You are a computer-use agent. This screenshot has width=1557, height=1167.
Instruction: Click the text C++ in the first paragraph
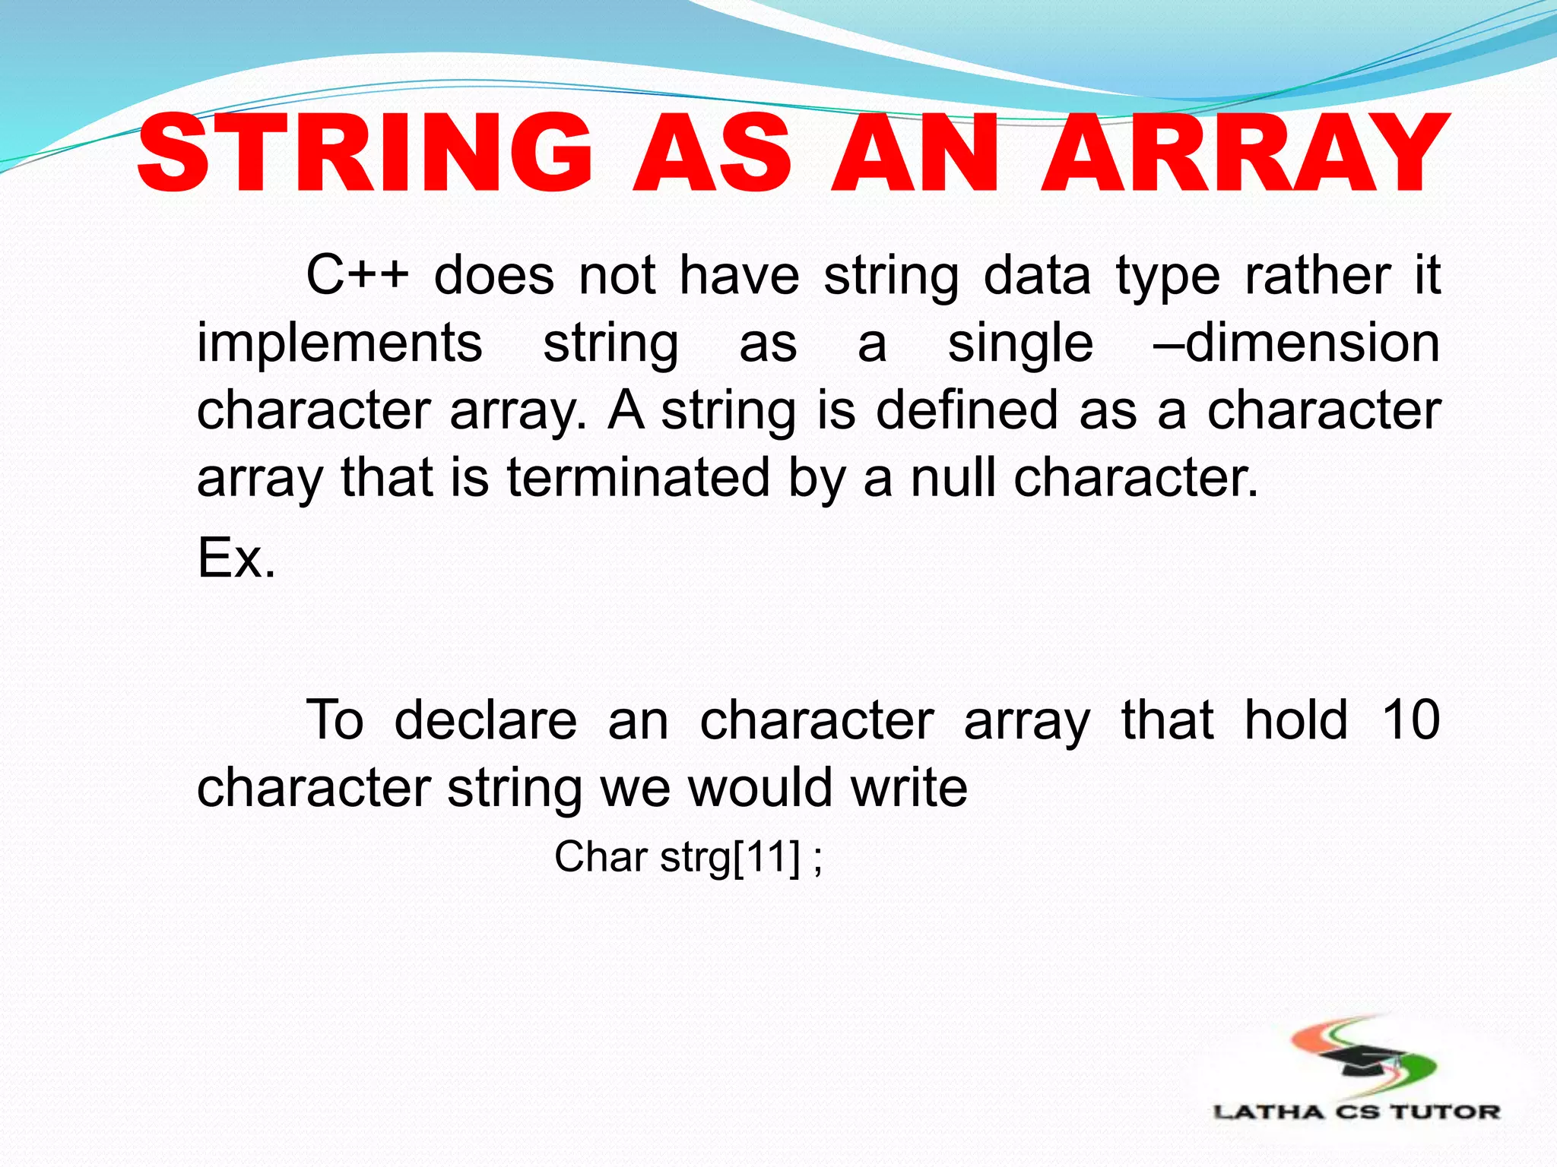(357, 275)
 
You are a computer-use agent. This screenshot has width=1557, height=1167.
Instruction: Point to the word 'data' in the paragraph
(1037, 275)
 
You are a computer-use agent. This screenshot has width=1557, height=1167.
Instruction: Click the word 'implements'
(339, 343)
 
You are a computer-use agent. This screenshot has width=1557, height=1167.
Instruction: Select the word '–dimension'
(1296, 343)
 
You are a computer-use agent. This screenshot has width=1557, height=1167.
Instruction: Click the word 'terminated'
(639, 478)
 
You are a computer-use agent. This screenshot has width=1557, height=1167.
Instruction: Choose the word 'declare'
(485, 720)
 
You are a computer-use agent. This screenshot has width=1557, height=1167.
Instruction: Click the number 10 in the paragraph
(1410, 720)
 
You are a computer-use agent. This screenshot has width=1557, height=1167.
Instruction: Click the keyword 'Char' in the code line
(601, 857)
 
